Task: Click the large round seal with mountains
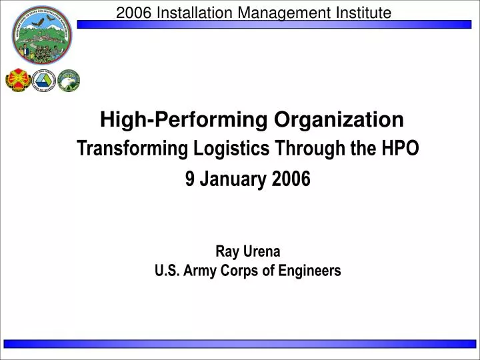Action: click(42, 35)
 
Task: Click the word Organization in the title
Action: click(337, 120)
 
